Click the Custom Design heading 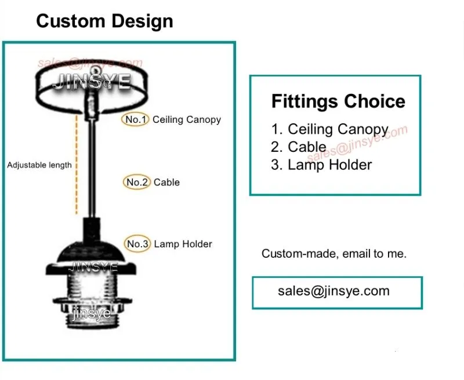coord(104,21)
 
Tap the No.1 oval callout coord(135,119)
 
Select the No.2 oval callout coord(137,182)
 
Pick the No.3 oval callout coord(137,244)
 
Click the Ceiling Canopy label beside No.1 coord(187,120)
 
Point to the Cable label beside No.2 coord(166,182)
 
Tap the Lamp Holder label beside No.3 coord(183,244)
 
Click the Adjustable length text coord(39,165)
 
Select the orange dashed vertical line coord(77,165)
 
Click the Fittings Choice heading coord(338,101)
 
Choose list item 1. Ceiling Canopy coord(329,129)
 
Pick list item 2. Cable coord(299,147)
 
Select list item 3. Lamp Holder coord(321,165)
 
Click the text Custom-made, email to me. coord(334,254)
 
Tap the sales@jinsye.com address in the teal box coord(334,291)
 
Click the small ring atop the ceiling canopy coord(95,71)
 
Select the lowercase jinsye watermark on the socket coord(92,313)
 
